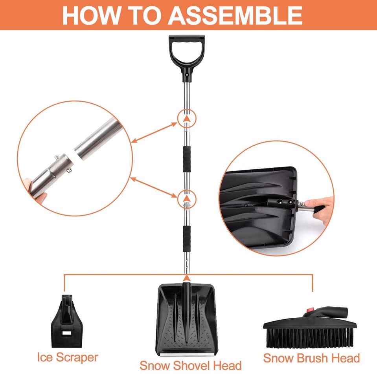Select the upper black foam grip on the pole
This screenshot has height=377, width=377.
[186, 158]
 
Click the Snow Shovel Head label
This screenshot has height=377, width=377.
[190, 366]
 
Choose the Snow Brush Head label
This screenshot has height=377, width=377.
[311, 358]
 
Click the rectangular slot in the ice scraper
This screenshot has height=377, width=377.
[67, 332]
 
